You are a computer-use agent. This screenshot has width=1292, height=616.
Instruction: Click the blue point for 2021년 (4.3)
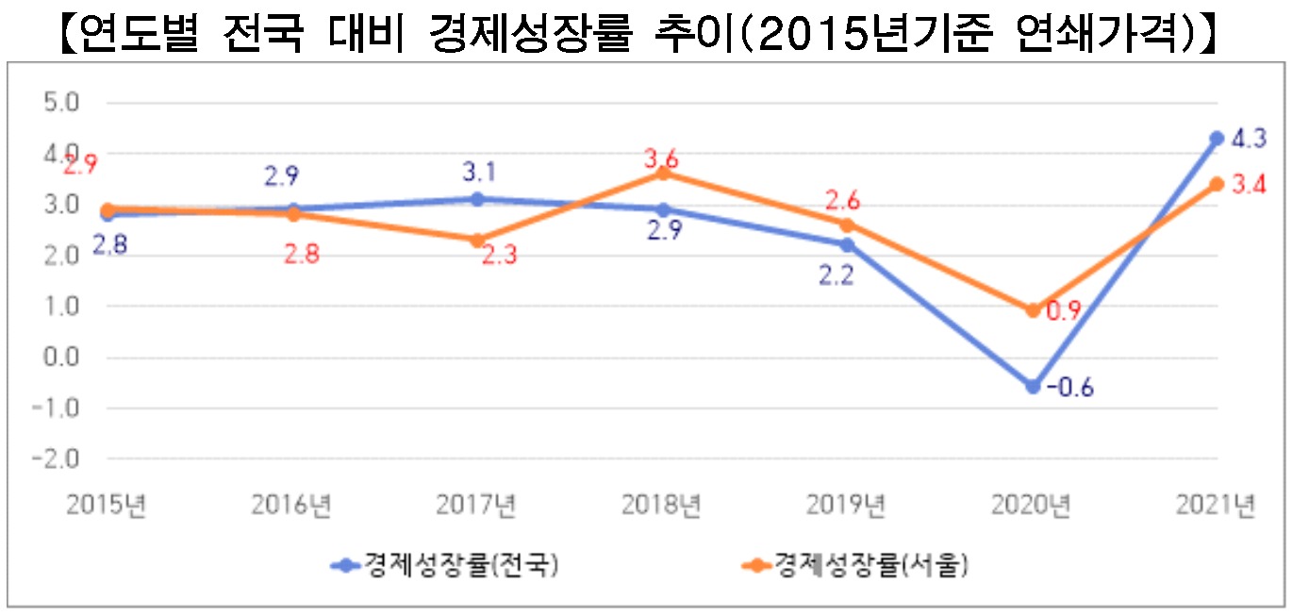[x=1217, y=138]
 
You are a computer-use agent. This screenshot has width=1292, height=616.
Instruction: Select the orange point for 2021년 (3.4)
[x=1217, y=184]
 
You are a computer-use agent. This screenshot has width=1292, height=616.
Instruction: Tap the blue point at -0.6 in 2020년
[x=1032, y=387]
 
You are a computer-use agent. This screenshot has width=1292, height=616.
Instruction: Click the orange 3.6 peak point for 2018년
[x=662, y=174]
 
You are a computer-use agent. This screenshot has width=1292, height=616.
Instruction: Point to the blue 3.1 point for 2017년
[x=477, y=199]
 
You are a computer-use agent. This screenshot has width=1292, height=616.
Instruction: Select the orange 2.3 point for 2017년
[x=477, y=241]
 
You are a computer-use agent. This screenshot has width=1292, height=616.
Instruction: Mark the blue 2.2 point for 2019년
[x=847, y=245]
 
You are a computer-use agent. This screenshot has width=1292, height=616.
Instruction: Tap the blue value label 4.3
[x=1250, y=139]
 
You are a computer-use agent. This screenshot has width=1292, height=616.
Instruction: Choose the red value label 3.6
[x=661, y=158]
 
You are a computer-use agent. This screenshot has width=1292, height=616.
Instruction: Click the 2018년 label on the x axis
[x=662, y=507]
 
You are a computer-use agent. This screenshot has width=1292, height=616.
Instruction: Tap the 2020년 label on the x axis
[x=1032, y=507]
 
